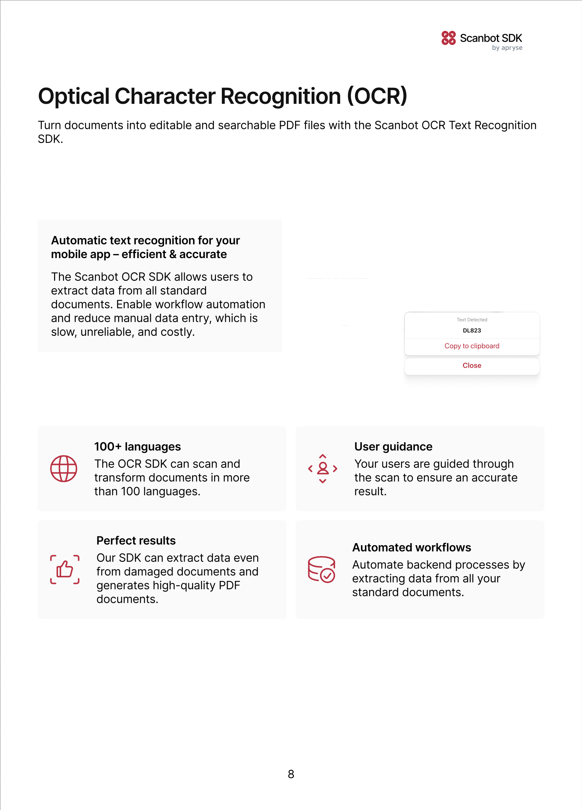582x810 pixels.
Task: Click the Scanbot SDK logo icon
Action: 448,38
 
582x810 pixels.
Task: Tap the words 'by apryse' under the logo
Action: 507,48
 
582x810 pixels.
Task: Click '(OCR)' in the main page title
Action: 377,96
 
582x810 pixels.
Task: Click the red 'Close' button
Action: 472,366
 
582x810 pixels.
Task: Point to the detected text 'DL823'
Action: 472,331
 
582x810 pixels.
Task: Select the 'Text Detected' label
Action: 472,320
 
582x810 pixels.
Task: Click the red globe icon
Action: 64,469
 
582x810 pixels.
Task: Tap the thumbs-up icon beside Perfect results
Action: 65,570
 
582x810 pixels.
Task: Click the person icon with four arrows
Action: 323,469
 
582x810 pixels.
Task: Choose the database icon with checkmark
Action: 322,569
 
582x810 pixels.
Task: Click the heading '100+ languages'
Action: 138,447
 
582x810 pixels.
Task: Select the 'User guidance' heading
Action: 393,447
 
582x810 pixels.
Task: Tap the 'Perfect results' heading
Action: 136,540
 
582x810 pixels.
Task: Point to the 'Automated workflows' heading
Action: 412,547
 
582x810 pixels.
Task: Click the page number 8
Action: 291,774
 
